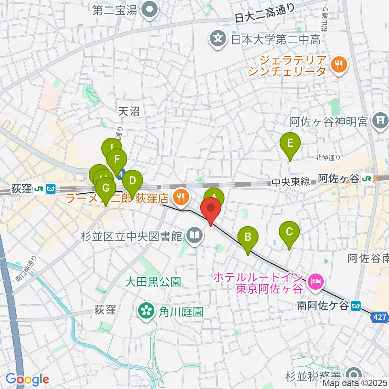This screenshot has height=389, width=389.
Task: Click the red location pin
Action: (x=211, y=209)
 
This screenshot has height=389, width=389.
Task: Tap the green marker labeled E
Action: (x=290, y=144)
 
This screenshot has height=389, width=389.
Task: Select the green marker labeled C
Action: (x=289, y=233)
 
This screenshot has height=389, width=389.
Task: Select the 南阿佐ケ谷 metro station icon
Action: (x=356, y=306)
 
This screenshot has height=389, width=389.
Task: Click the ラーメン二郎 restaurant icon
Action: (x=180, y=197)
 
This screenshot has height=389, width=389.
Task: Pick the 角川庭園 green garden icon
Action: (x=145, y=312)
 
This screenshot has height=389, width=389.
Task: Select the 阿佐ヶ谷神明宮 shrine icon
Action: (x=380, y=121)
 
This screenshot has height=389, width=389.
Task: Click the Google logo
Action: (x=28, y=379)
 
